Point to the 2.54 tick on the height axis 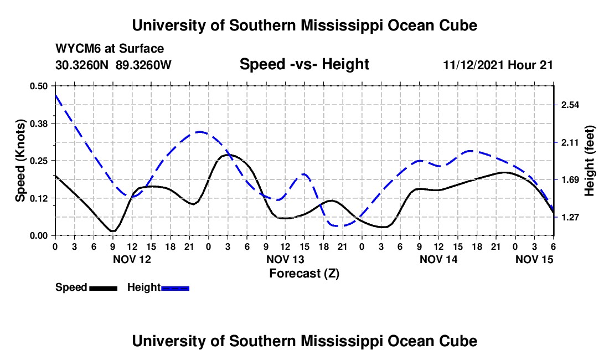click(570, 105)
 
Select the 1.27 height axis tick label click(570, 217)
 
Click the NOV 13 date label click(285, 259)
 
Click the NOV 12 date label click(132, 259)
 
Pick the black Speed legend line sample click(103, 287)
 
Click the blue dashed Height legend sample click(176, 287)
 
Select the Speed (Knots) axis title click(20, 161)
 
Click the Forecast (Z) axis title click(304, 273)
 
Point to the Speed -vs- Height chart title click(304, 64)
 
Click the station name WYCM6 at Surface click(110, 49)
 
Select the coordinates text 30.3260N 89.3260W click(113, 65)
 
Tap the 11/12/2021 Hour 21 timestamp click(498, 65)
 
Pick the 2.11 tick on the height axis click(570, 142)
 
